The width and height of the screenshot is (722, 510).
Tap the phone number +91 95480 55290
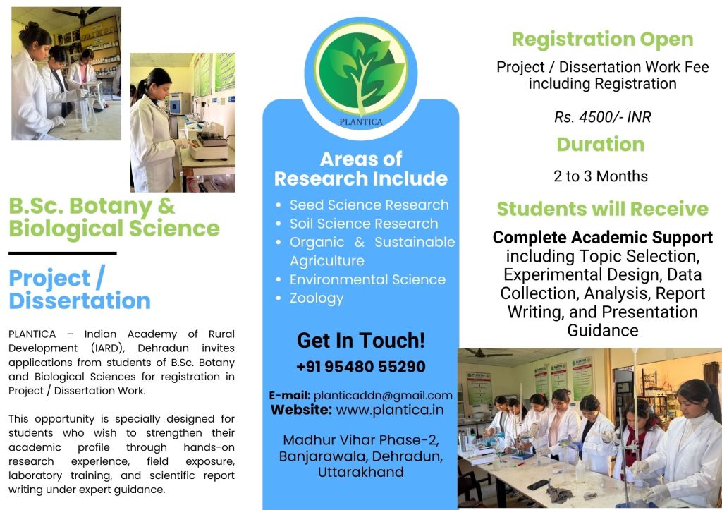tap(361, 367)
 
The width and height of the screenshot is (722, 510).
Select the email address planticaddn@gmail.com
tap(383, 395)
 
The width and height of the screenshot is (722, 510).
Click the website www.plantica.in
tap(390, 410)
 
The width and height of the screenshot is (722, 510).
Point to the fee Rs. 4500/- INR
tap(602, 117)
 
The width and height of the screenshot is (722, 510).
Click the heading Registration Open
tap(602, 40)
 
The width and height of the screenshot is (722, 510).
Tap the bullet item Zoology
tap(317, 298)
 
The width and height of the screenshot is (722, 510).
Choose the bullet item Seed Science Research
tap(369, 205)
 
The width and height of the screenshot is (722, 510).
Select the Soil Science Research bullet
tap(364, 224)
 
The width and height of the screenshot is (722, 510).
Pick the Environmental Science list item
tap(367, 279)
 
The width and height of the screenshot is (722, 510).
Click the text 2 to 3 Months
tap(601, 176)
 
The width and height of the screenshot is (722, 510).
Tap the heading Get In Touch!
tap(361, 341)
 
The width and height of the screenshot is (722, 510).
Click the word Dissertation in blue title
tap(80, 300)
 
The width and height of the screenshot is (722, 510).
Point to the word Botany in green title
tap(111, 207)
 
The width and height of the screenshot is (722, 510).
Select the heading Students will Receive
tap(602, 209)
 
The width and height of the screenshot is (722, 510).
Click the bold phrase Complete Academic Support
tap(602, 237)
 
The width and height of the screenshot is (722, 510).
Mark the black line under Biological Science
tap(63, 253)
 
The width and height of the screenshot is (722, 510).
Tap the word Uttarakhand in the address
tap(360, 472)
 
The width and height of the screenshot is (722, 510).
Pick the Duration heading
tap(601, 144)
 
